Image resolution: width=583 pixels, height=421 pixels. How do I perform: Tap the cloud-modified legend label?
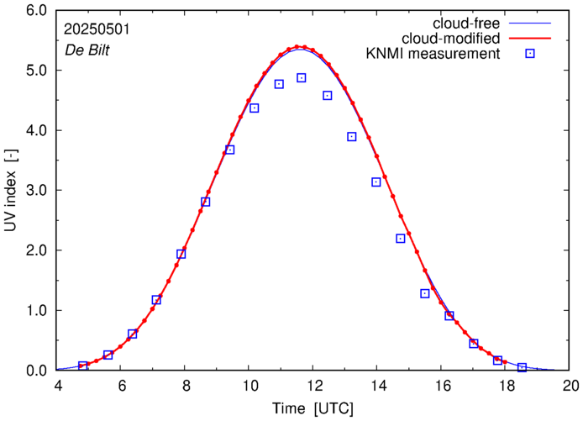452,38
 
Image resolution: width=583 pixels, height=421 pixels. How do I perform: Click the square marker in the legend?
531,54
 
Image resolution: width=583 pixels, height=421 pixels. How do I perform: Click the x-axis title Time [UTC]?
313,408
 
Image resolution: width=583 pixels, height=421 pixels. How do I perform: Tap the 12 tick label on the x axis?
314,386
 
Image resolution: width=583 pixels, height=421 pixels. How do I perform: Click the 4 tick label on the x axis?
58,386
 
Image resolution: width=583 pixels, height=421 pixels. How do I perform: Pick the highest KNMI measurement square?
302,78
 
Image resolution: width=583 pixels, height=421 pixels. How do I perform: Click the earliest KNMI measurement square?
83,366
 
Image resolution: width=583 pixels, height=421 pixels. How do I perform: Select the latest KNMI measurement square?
522,367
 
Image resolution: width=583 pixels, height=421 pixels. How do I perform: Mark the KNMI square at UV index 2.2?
401,239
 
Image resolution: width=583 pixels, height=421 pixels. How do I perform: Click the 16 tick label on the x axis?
443,386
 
